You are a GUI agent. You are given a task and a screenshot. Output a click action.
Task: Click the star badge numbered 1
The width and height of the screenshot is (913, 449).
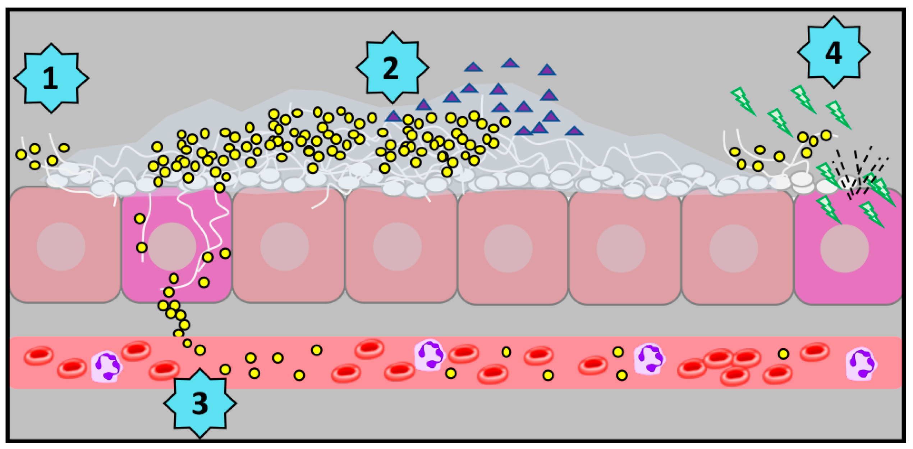point(51,78)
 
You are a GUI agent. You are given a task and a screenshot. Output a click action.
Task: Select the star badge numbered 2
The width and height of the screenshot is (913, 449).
point(392,68)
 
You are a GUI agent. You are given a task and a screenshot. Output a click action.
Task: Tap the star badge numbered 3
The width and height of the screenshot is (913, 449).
point(200,403)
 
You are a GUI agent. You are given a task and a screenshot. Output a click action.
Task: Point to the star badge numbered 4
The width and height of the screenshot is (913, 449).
point(834,53)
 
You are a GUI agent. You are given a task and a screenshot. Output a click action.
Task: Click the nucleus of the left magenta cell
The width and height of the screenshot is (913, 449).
point(172,247)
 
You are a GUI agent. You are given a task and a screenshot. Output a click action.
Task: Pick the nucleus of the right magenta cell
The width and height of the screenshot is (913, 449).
point(844,248)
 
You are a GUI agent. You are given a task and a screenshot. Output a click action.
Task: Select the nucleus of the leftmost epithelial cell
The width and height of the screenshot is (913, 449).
point(61,247)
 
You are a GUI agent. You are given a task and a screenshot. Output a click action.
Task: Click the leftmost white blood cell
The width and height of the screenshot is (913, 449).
point(106,367)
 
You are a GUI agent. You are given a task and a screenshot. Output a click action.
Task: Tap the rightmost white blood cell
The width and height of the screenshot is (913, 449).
point(861,364)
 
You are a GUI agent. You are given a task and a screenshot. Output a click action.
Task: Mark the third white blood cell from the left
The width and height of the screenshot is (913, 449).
point(649,359)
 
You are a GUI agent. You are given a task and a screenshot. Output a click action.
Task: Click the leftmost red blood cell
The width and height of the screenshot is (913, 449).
point(38,355)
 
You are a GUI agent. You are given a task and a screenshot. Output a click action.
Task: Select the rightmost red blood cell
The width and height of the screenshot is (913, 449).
point(815,352)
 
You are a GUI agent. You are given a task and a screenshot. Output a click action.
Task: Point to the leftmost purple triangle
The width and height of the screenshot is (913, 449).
point(393,117)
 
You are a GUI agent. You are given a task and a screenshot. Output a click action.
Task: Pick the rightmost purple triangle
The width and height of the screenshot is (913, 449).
point(574,131)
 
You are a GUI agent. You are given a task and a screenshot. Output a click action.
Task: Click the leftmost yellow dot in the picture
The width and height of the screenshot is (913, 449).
point(21,155)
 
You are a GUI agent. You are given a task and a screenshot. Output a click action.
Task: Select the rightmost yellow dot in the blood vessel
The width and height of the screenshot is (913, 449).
point(783,354)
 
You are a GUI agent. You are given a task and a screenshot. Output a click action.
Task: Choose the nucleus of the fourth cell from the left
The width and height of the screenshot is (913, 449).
point(397,247)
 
